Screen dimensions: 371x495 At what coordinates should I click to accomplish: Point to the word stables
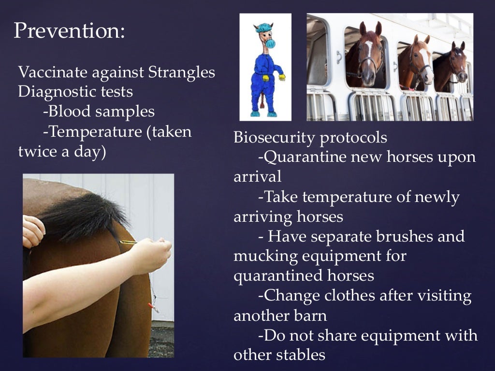tap(302, 355)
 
